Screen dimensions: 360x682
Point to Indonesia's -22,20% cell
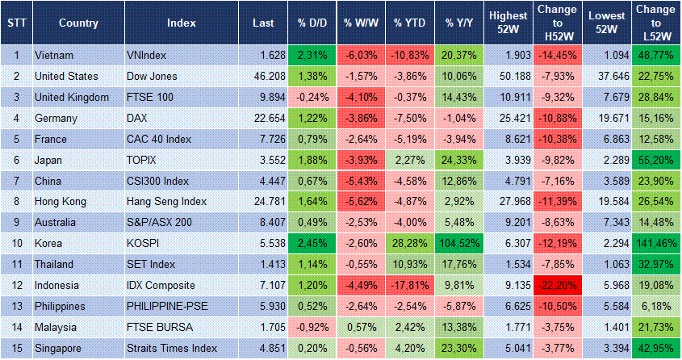[557, 286]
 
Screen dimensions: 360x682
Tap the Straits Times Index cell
[172, 349]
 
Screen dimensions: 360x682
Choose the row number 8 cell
[15, 202]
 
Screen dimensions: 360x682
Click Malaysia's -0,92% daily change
[312, 328]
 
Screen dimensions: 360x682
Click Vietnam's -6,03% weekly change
[361, 55]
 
